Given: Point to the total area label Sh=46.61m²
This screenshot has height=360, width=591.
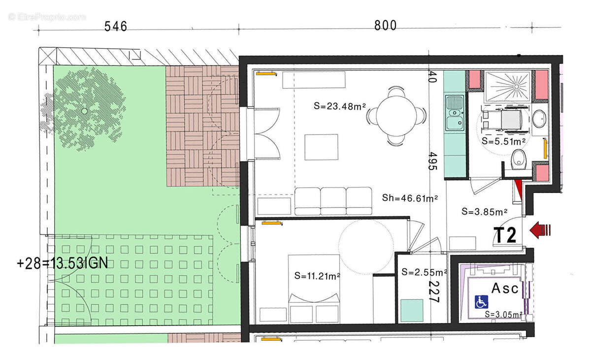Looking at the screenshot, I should [410, 198].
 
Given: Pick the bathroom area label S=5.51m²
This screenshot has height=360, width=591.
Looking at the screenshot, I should [503, 141].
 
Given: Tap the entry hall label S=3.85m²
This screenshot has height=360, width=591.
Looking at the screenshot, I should [485, 212].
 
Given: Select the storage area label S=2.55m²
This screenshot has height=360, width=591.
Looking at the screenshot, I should [424, 272].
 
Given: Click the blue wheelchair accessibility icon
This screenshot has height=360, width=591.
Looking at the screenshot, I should [481, 301].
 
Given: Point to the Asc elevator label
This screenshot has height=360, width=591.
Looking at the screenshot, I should [504, 288].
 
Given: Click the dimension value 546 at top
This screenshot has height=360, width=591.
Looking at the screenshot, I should [116, 26].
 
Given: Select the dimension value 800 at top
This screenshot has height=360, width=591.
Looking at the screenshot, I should [385, 26].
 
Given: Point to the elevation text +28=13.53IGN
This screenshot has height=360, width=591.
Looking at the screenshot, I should [62, 263].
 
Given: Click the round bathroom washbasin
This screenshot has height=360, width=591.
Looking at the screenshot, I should [540, 118].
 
